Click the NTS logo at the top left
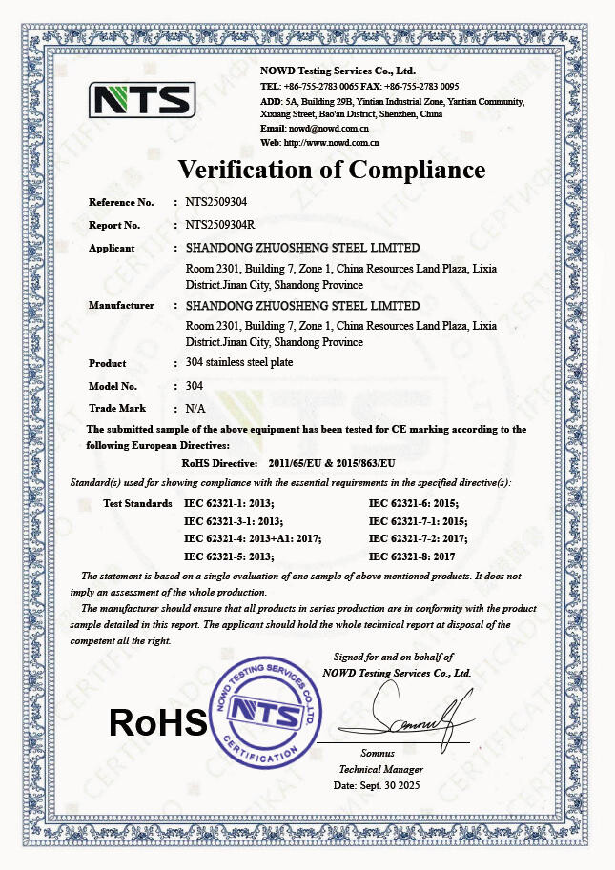coord(142,99)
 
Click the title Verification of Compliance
coord(332,170)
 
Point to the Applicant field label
coord(112,248)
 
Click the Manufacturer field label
coord(121,305)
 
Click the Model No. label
coord(113,386)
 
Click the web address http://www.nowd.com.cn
coord(333,142)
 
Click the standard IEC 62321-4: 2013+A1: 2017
coord(252,537)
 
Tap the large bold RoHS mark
coord(158,722)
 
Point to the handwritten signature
coord(409,716)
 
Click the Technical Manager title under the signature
coord(380,769)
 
